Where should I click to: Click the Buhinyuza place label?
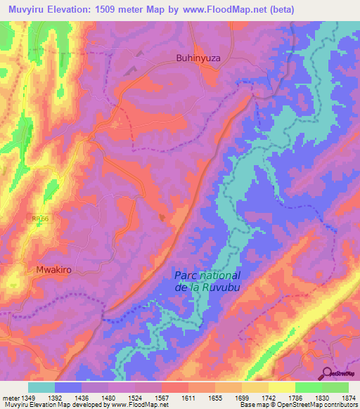click(x=198, y=60)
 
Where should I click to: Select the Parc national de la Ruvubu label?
click(x=207, y=282)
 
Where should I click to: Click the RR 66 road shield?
click(x=41, y=220)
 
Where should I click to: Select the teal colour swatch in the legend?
click(x=41, y=387)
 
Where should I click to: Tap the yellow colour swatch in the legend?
click(x=282, y=387)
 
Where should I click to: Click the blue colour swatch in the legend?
click(x=68, y=387)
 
